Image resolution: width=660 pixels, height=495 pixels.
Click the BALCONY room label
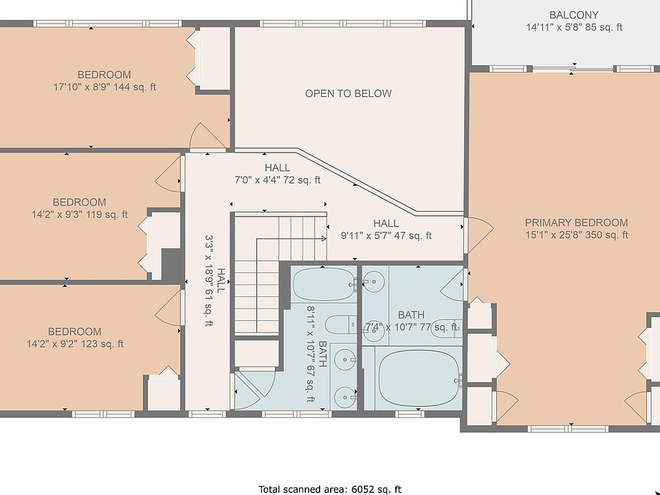(573, 15)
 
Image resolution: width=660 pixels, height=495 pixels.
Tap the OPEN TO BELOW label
(349, 93)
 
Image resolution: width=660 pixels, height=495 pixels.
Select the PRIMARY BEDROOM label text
(576, 223)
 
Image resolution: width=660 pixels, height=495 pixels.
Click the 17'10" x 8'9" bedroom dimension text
(104, 87)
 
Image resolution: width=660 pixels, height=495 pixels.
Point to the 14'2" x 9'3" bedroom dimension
(80, 214)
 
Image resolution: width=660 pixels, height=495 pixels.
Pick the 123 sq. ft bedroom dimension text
(102, 344)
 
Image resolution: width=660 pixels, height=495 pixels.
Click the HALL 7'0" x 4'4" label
(277, 174)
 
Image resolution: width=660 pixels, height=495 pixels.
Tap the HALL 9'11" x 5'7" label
(386, 230)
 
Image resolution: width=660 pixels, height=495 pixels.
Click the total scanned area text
(330, 489)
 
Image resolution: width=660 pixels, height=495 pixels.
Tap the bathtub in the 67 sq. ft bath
(324, 284)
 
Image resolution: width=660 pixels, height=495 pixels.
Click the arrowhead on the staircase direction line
(324, 239)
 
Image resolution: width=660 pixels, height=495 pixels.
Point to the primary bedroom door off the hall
(478, 235)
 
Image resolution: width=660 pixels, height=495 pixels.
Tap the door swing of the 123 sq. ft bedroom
(168, 307)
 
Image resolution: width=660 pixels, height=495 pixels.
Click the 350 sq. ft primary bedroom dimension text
(606, 235)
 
